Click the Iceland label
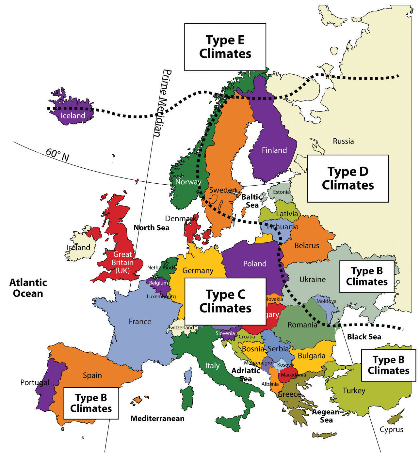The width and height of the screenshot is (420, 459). point(73,115)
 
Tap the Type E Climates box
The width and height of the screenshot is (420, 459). point(225,47)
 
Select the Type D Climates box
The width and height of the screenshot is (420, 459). point(348,178)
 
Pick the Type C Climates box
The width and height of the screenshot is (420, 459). point(225,301)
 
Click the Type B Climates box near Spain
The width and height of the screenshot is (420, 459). point(91,403)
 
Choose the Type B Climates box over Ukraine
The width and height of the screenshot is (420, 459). point(367,276)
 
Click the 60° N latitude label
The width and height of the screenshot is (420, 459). point(57,155)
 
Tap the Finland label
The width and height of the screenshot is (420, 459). point(274,150)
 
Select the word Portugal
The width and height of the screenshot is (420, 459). point(35,382)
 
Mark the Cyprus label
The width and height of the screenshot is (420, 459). point(391,430)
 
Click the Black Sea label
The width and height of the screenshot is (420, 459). point(364,337)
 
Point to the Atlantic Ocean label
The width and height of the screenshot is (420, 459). point(28,288)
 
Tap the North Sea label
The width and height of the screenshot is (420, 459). point(152,228)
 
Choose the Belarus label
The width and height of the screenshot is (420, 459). point(307,245)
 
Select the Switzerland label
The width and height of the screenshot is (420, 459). point(181,328)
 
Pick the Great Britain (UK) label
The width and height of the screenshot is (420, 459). point(122,262)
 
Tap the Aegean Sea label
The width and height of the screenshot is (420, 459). point(326,416)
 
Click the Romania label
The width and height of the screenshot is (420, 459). point(302,325)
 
